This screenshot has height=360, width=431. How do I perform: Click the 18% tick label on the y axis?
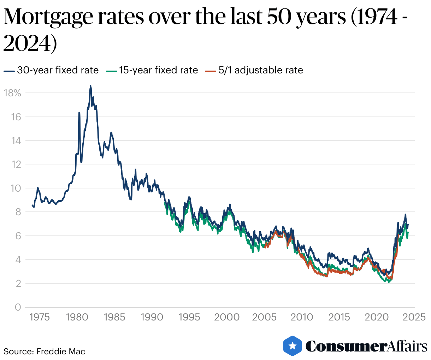(12, 93)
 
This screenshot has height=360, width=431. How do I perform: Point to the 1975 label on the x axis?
(40, 317)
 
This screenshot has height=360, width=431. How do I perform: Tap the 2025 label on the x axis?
(414, 317)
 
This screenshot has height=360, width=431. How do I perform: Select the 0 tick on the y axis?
(18, 307)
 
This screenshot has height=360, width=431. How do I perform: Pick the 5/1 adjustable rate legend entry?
(254, 70)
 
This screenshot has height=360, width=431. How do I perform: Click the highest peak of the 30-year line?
(90, 85)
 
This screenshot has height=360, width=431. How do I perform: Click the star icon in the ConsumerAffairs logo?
(293, 346)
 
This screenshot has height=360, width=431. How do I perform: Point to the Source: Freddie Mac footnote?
(45, 352)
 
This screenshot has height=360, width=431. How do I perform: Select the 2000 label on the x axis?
(227, 317)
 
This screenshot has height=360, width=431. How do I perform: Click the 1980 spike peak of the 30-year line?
(79, 113)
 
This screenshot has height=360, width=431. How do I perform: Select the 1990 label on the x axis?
(152, 317)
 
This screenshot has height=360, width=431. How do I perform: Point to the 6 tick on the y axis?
(18, 236)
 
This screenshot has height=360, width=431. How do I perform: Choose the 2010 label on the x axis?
(302, 317)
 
